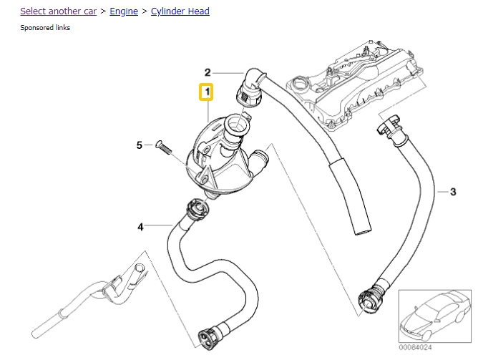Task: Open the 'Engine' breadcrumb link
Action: (124, 12)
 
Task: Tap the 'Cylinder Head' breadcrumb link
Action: (180, 12)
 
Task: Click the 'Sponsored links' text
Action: (45, 28)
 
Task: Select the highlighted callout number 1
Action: (206, 92)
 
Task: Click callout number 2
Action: (208, 72)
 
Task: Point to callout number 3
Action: (452, 192)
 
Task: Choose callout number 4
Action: (140, 227)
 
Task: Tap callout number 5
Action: (140, 146)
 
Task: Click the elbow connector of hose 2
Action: (250, 89)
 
